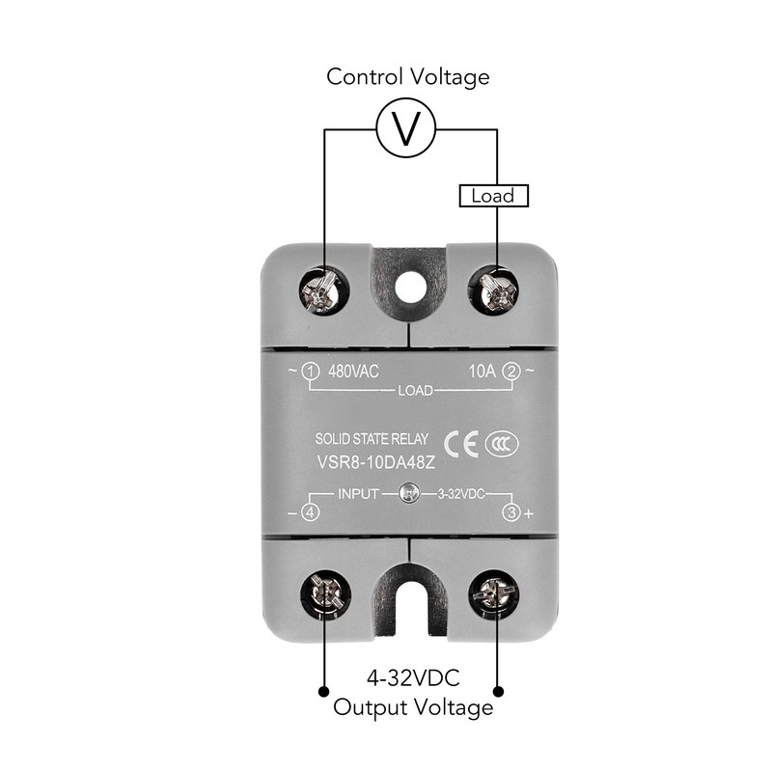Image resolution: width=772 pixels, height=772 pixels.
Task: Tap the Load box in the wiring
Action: coord(493,196)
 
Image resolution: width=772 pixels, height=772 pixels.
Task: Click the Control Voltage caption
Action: coord(408,77)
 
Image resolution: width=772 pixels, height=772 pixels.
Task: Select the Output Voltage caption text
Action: coord(413,707)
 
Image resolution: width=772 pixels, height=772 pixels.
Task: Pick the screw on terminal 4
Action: coord(320,596)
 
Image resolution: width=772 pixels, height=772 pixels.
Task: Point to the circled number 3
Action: coord(512,512)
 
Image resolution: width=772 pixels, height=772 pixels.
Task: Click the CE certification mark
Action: coord(465,442)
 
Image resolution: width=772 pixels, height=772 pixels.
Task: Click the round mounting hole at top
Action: coord(410,286)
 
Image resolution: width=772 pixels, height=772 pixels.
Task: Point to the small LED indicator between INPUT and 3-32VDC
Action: coord(409,494)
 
